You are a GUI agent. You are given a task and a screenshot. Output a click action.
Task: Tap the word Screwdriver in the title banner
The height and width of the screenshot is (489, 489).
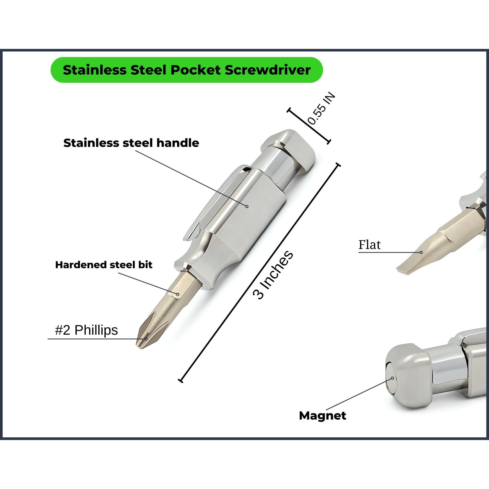click(268, 70)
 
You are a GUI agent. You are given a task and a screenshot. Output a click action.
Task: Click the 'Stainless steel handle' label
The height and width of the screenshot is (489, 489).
click(131, 143)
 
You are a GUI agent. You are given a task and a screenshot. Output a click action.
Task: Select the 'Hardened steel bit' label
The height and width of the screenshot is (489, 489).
click(104, 265)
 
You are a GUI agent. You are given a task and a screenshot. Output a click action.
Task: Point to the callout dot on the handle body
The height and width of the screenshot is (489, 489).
click(247, 206)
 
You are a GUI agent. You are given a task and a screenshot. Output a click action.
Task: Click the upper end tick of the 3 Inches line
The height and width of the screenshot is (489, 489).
click(337, 165)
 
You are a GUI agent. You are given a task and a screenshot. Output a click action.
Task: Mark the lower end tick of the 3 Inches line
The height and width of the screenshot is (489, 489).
click(181, 380)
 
